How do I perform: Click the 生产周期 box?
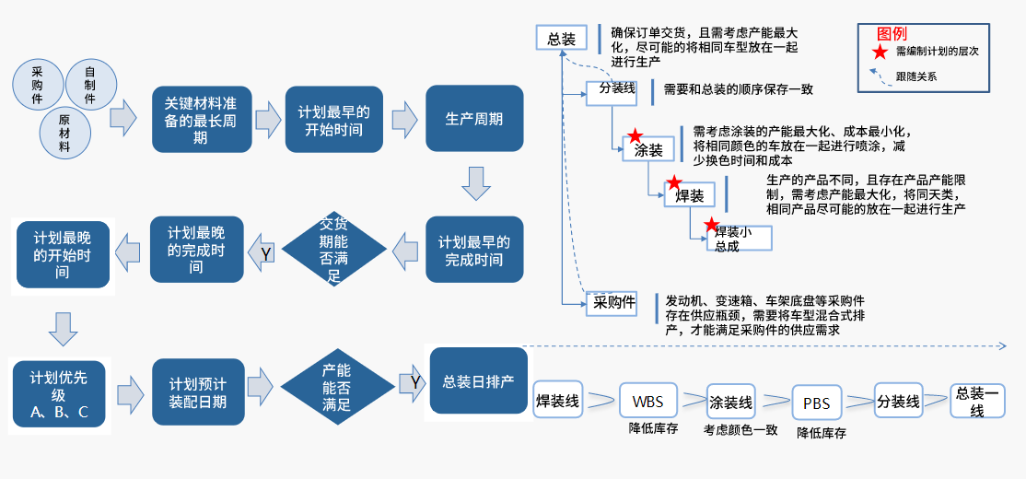(x=474, y=119)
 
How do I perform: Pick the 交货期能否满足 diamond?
(x=334, y=249)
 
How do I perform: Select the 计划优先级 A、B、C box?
(x=59, y=393)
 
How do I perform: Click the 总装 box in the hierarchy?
(x=562, y=39)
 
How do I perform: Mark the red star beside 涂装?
(x=634, y=136)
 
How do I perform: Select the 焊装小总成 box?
(x=739, y=238)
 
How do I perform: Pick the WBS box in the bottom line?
(x=654, y=402)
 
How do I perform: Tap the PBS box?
(x=817, y=403)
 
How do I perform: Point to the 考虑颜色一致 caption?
(x=740, y=429)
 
